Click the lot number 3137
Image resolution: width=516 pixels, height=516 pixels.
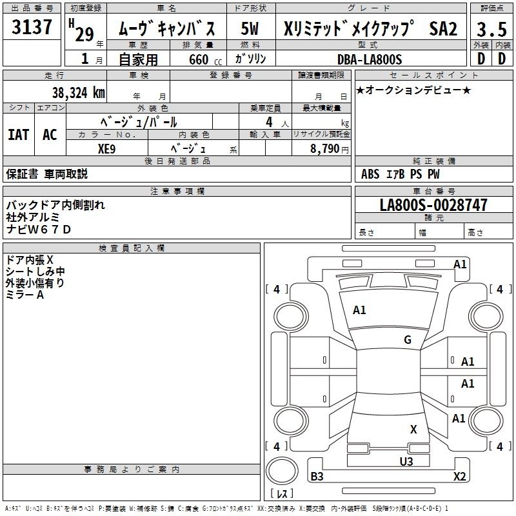point(32,26)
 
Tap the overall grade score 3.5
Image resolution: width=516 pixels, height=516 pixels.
point(491,29)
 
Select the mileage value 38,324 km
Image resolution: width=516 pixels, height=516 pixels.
point(78,93)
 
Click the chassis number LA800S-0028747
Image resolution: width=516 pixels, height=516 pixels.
point(433,204)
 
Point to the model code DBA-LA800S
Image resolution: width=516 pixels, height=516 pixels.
point(370,59)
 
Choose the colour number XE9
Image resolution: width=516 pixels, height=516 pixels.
point(106,149)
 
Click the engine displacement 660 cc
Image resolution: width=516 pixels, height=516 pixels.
point(205,59)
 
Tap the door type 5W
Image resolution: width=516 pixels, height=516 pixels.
point(250,28)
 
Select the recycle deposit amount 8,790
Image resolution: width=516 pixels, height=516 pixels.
point(324,148)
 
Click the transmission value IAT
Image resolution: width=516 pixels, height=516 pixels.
point(19,135)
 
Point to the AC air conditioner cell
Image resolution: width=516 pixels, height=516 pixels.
point(50,135)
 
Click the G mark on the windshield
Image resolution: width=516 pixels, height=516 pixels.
point(408,339)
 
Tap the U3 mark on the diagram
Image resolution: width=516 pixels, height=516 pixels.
point(406,461)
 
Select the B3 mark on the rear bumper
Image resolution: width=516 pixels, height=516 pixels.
point(317,476)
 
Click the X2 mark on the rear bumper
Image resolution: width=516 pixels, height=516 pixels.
point(459,476)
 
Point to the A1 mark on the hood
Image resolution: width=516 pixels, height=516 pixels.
point(359,310)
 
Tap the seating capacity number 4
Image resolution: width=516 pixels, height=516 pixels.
point(269,122)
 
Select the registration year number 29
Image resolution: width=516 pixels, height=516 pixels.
point(84,34)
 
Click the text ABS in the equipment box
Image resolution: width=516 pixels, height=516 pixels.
point(370,174)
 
